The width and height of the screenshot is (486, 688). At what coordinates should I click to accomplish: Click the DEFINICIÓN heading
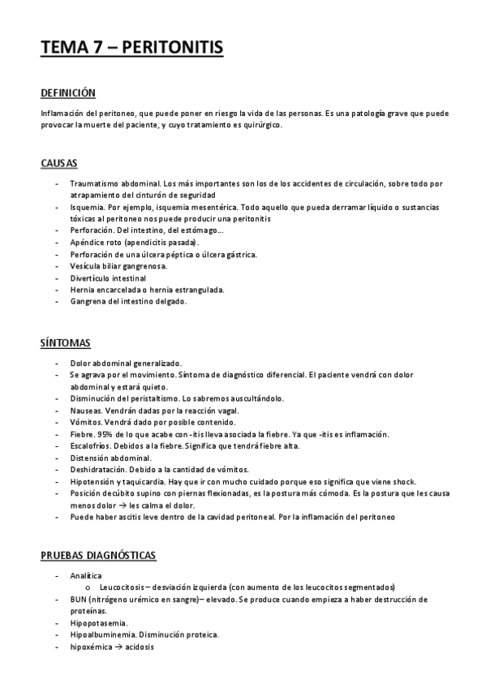point(68,93)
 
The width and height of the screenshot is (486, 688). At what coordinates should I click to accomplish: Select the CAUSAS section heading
point(59,163)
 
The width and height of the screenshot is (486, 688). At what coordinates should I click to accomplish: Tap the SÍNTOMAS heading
point(66,344)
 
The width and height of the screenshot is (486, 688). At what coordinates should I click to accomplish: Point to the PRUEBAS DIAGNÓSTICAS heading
point(98,555)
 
